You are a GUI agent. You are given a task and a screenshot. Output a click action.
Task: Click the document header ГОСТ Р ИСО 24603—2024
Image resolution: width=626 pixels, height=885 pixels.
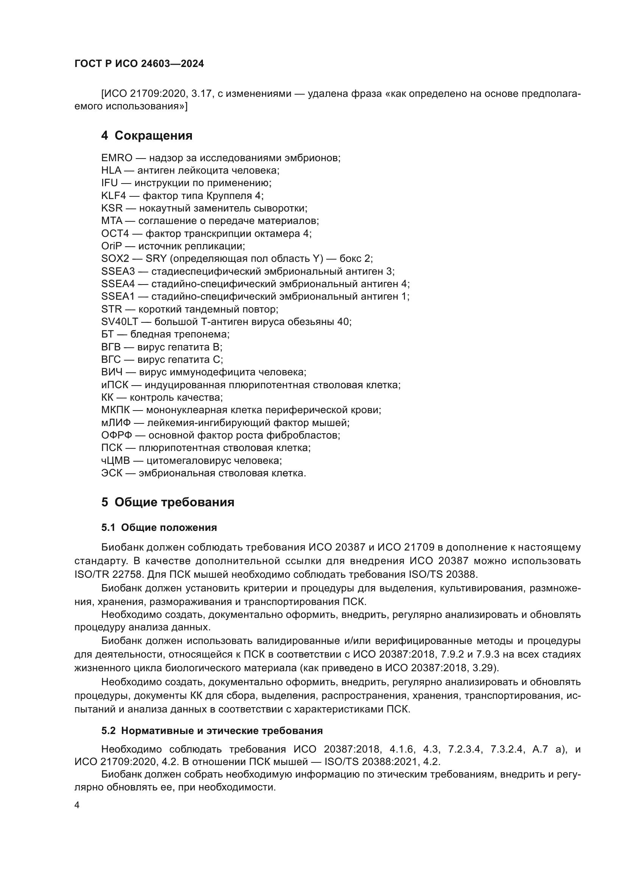coord(139,64)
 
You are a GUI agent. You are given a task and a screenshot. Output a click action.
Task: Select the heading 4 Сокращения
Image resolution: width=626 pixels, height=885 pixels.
coord(146,136)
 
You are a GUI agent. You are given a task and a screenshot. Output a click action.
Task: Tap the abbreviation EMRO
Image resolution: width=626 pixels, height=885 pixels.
coord(117,158)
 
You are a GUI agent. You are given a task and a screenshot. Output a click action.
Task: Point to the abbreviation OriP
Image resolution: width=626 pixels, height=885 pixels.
coord(111,246)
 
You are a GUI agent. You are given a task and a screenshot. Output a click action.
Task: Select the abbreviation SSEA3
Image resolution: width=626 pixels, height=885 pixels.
coord(118,271)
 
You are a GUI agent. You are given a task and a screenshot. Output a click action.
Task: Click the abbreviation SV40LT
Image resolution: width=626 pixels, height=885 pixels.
coord(119,322)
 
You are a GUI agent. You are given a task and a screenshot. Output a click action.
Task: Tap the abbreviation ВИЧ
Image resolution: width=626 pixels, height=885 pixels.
coord(112,372)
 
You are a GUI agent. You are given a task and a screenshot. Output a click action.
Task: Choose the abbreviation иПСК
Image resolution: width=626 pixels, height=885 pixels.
coord(114,385)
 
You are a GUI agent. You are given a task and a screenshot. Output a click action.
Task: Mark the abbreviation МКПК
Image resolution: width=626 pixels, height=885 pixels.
coord(116,410)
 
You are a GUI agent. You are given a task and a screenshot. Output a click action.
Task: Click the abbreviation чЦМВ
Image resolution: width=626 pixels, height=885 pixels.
coord(116,460)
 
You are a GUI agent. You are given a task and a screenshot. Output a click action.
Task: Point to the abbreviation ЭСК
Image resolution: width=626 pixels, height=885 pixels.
coord(112,473)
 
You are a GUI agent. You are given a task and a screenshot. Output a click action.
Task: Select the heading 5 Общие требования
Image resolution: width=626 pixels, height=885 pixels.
coord(168,502)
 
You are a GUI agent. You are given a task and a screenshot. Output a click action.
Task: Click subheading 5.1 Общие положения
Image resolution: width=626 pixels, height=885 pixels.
coord(159,528)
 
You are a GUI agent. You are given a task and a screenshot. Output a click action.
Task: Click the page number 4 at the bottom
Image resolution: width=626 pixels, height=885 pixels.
coord(77,806)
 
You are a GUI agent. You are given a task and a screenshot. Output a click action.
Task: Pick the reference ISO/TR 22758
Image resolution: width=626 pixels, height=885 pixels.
coord(103,574)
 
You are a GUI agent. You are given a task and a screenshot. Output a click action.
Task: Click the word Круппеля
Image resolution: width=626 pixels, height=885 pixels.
coord(229,196)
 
